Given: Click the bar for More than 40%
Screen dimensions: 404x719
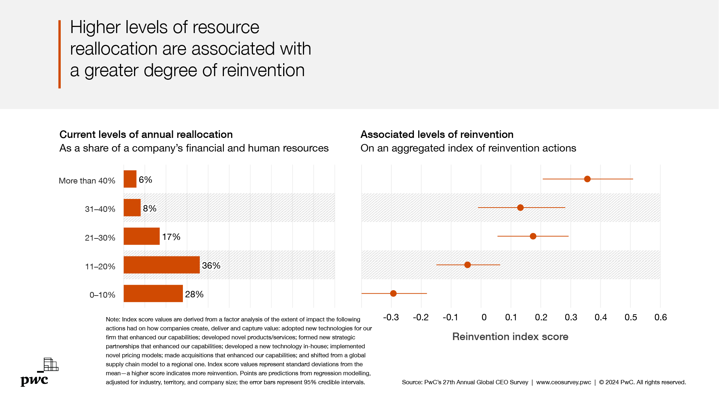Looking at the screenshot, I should tap(130, 179).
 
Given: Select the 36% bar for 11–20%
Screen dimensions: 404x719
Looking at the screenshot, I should tap(161, 265).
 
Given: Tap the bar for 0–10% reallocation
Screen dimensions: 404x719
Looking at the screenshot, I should tap(153, 293).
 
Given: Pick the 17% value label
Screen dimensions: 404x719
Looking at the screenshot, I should tap(171, 237).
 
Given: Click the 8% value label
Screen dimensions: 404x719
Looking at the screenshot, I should tap(149, 209).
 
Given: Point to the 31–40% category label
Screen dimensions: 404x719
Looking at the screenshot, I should tap(100, 209).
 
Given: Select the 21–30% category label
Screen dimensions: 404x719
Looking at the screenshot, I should tap(100, 238).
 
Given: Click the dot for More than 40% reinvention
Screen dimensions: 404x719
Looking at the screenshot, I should tap(587, 179).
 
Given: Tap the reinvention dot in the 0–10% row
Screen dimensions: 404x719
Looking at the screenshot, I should tap(393, 293).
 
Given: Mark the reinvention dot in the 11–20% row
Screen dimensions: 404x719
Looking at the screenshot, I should tap(467, 265).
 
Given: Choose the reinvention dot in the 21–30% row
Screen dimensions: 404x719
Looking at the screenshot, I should tap(533, 236).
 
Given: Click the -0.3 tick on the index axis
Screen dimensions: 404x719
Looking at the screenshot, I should tap(391, 317).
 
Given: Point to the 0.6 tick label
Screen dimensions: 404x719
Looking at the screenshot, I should tap(660, 317).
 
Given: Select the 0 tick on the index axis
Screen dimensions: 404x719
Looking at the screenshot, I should tap(484, 317).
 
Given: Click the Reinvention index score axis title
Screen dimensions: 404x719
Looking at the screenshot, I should tap(510, 336).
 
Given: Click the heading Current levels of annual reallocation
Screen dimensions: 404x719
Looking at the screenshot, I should tap(146, 134).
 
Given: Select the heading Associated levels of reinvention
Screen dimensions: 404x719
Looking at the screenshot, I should tap(437, 134).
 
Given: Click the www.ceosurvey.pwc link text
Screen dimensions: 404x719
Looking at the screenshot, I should tap(563, 382).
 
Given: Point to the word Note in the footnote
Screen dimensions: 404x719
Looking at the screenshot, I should tap(112, 319).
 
